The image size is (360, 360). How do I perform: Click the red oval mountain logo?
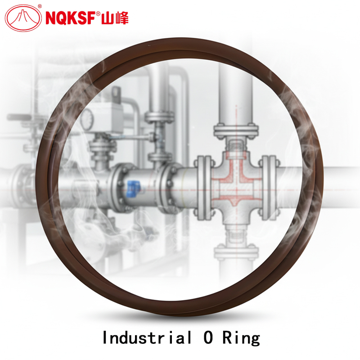coord(23,18)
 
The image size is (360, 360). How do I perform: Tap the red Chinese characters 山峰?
coord(115,18)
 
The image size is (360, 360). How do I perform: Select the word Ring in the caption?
coord(241,338)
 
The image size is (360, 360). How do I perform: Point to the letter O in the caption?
coord(208,337)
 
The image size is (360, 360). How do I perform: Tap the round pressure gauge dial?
coord(87,119)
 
